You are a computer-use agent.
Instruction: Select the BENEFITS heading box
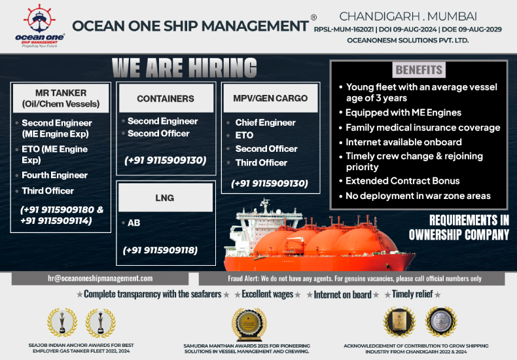(x=419, y=69)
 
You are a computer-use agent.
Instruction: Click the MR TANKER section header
(x=60, y=98)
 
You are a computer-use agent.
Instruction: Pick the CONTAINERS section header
(x=165, y=99)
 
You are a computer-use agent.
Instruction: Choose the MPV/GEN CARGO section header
(x=270, y=99)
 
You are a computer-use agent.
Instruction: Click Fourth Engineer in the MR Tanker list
(x=54, y=175)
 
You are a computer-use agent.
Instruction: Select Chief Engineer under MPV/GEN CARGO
(x=265, y=122)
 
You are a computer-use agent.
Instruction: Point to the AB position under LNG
(x=134, y=223)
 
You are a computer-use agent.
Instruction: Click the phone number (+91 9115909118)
(x=160, y=250)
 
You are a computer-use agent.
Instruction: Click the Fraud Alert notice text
(x=354, y=278)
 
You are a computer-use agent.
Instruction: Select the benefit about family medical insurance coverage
(x=423, y=128)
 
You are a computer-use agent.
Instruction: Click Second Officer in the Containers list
(x=158, y=134)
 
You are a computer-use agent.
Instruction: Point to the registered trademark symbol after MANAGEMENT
(x=313, y=17)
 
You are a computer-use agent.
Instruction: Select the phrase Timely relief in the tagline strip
(x=413, y=295)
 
